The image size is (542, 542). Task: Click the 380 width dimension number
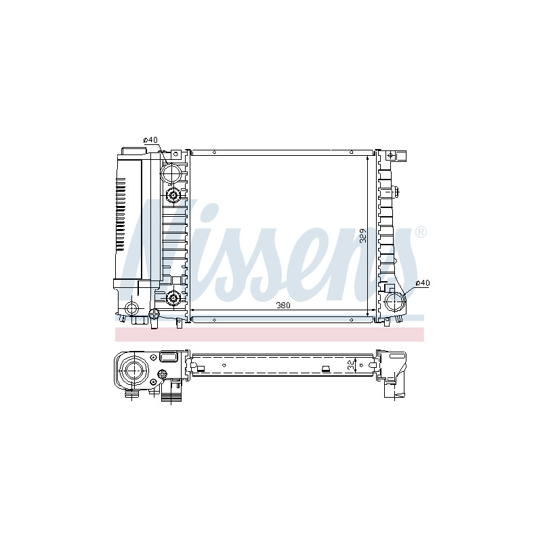pos(283,306)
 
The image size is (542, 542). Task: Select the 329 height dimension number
pos(363,235)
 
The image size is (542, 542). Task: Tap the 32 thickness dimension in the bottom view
pos(351,365)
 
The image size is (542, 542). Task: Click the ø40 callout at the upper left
pos(150,140)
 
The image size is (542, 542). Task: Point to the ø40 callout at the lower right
pos(422,283)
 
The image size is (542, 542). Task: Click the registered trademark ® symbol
pos(420,232)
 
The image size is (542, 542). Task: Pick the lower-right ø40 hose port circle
pos(395,302)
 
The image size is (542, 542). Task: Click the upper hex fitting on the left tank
pos(173,196)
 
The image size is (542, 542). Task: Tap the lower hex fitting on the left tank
pos(173,297)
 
